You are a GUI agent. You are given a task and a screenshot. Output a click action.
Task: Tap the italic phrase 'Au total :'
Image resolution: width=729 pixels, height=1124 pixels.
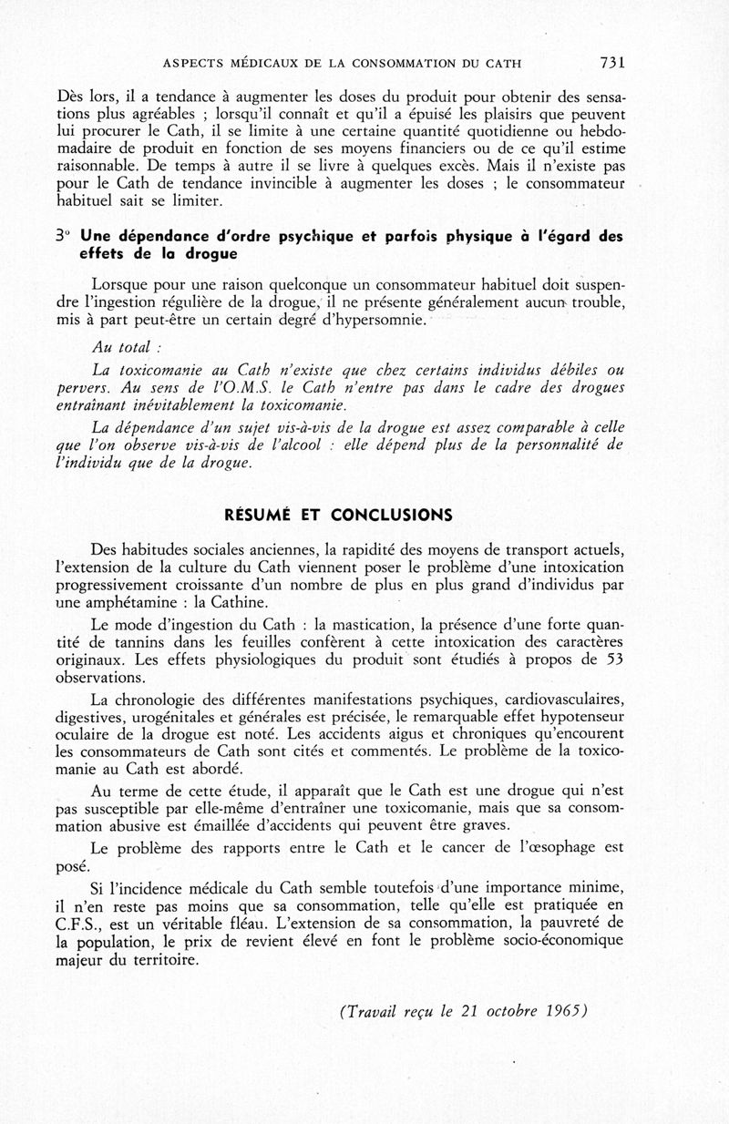[125, 347]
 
